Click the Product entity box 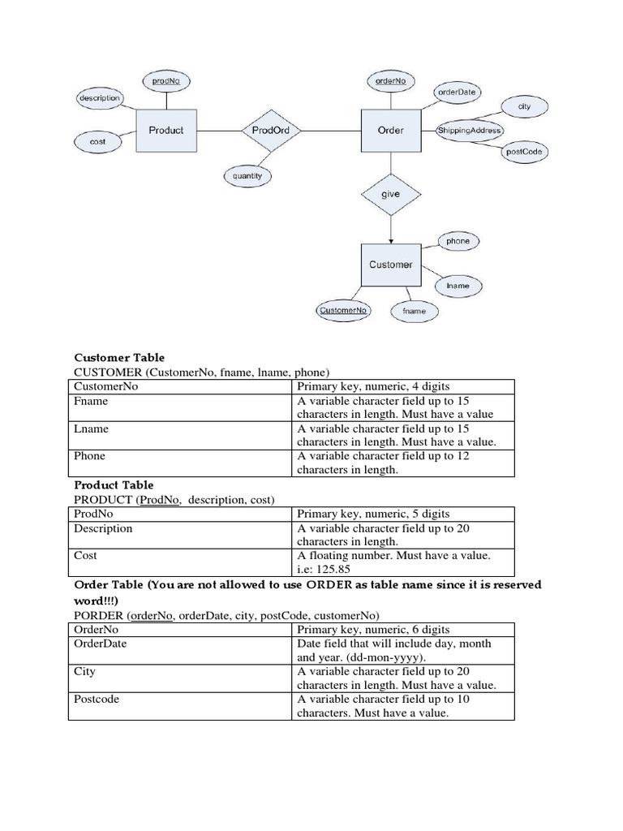(166, 130)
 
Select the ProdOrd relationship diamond (271, 130)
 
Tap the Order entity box (390, 130)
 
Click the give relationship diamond (390, 195)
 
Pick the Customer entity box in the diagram (390, 265)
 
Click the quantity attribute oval (247, 175)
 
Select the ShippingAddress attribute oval (470, 131)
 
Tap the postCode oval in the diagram (524, 152)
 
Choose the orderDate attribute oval (457, 93)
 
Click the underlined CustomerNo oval (342, 310)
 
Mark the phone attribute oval (458, 241)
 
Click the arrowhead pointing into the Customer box (390, 239)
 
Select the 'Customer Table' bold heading (119, 357)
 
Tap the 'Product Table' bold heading (114, 485)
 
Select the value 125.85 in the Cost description (330, 569)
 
